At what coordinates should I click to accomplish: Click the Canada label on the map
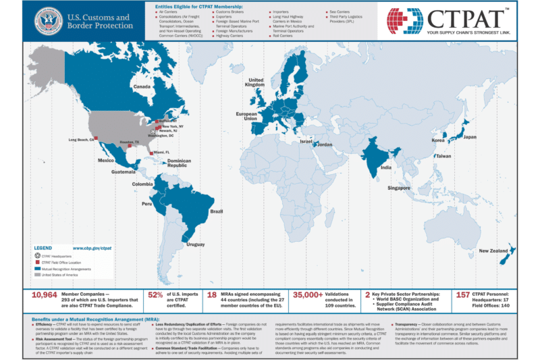tap(142, 87)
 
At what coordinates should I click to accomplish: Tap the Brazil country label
tap(217, 211)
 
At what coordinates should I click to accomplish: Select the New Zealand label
tap(493, 251)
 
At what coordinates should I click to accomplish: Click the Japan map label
tap(470, 137)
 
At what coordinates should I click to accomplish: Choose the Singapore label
tap(398, 188)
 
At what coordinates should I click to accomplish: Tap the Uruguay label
tap(196, 244)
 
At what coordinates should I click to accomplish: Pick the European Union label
tap(246, 117)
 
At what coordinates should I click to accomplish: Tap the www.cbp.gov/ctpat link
tap(92, 248)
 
